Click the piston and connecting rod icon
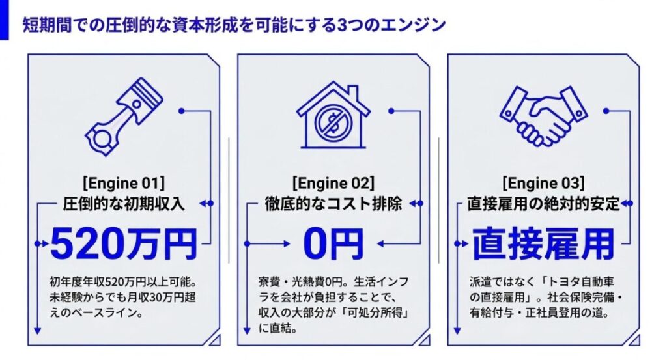point(124,117)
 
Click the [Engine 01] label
point(123,183)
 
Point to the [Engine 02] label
point(333,183)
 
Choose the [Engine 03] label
point(543,183)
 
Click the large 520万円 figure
point(124,244)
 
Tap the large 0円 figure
point(333,244)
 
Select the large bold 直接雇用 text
point(543,244)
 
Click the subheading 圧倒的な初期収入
point(124,204)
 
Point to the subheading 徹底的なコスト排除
point(333,204)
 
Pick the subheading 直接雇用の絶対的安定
point(543,204)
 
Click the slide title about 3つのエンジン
point(234,25)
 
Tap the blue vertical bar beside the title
point(5,20)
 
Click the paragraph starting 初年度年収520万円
point(122,298)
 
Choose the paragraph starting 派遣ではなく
point(546,298)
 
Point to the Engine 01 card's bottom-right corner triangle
point(215,340)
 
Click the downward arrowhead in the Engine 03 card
point(457,331)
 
